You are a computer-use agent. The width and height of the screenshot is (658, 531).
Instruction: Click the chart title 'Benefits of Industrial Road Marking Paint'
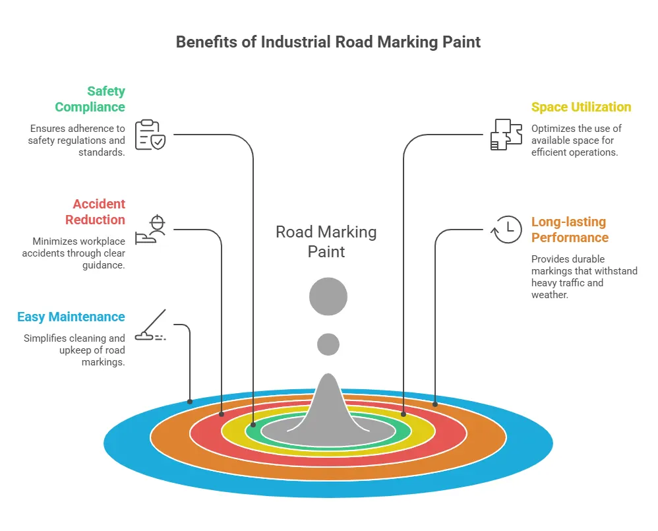tap(328, 42)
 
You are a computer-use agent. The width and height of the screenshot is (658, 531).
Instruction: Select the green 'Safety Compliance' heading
tap(90, 99)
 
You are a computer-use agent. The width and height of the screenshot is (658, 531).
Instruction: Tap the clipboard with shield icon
tap(150, 135)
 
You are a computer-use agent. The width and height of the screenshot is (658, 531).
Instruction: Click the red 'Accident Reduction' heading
tap(95, 212)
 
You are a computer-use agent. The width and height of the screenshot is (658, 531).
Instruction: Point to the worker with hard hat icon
tap(150, 230)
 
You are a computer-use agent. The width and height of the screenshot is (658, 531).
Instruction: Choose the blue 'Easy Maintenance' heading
tap(71, 317)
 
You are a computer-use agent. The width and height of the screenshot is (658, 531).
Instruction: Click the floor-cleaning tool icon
tap(150, 326)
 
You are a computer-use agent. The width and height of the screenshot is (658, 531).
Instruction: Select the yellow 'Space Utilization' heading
tap(581, 107)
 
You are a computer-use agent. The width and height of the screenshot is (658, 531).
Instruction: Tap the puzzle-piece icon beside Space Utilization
tap(506, 135)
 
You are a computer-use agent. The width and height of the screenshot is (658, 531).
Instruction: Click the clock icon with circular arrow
tap(507, 229)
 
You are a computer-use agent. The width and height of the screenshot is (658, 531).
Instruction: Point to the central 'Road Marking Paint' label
tap(326, 241)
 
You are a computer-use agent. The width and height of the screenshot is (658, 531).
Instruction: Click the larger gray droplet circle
tap(328, 296)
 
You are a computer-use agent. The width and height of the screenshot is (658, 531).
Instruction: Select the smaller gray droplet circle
tap(328, 344)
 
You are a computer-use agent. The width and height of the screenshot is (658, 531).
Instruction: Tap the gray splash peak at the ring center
tap(328, 402)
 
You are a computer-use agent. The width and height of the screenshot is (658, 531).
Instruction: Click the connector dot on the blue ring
tap(190, 401)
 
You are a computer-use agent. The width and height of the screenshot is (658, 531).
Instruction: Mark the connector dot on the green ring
tap(253, 425)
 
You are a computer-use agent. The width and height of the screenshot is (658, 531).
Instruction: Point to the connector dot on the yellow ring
tap(403, 414)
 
